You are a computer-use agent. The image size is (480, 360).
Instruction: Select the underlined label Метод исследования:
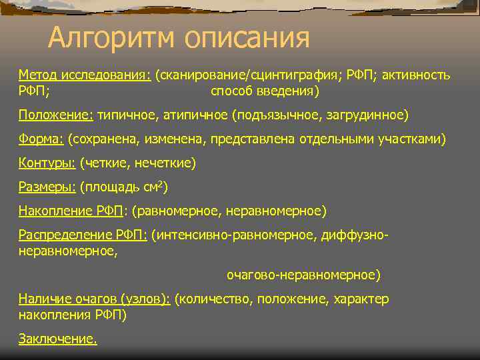click(x=84, y=75)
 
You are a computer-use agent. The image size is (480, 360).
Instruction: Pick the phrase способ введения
click(x=263, y=90)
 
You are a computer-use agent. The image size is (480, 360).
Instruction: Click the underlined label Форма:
click(x=41, y=139)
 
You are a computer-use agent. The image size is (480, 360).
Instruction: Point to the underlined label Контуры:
click(x=47, y=163)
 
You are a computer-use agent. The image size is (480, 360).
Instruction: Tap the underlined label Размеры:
click(x=47, y=187)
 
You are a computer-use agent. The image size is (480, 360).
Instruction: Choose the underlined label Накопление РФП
click(x=71, y=211)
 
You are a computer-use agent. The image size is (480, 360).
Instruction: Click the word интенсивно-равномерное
click(x=235, y=235)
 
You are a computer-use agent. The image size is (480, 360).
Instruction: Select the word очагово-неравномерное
click(x=303, y=275)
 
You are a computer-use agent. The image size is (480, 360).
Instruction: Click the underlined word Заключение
click(x=57, y=339)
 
